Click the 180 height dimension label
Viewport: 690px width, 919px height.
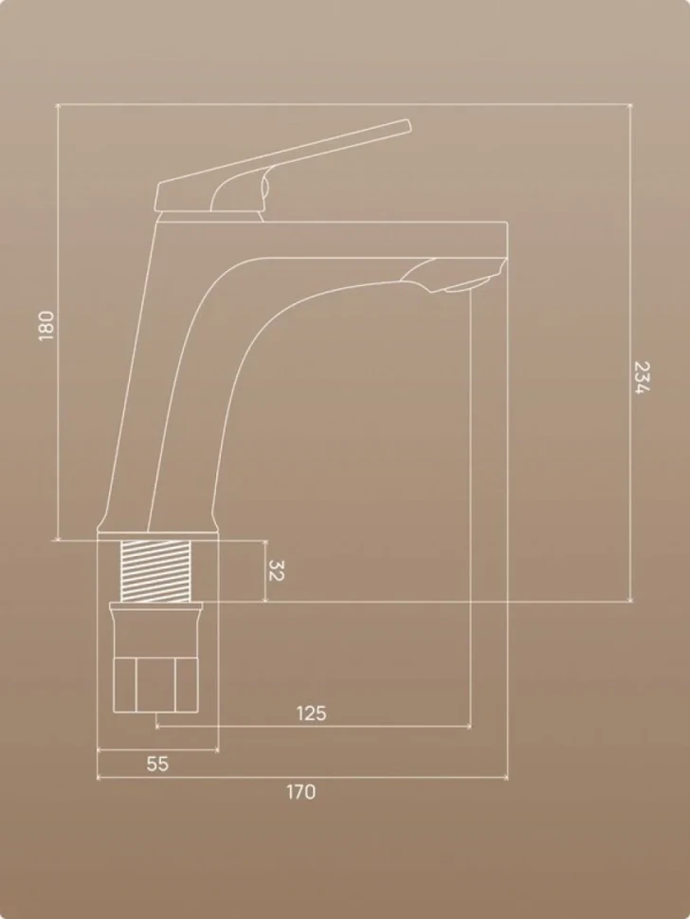(45, 326)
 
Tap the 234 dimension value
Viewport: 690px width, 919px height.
(643, 377)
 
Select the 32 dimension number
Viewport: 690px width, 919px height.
(276, 570)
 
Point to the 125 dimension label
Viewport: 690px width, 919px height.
(311, 713)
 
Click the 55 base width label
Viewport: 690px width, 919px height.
(157, 764)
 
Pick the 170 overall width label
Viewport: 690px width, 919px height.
(300, 792)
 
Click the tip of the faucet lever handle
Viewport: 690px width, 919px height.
(408, 126)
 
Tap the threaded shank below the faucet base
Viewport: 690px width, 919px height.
(155, 571)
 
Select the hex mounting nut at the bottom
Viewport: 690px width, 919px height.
(155, 685)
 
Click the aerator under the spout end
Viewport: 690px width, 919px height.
(466, 285)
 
